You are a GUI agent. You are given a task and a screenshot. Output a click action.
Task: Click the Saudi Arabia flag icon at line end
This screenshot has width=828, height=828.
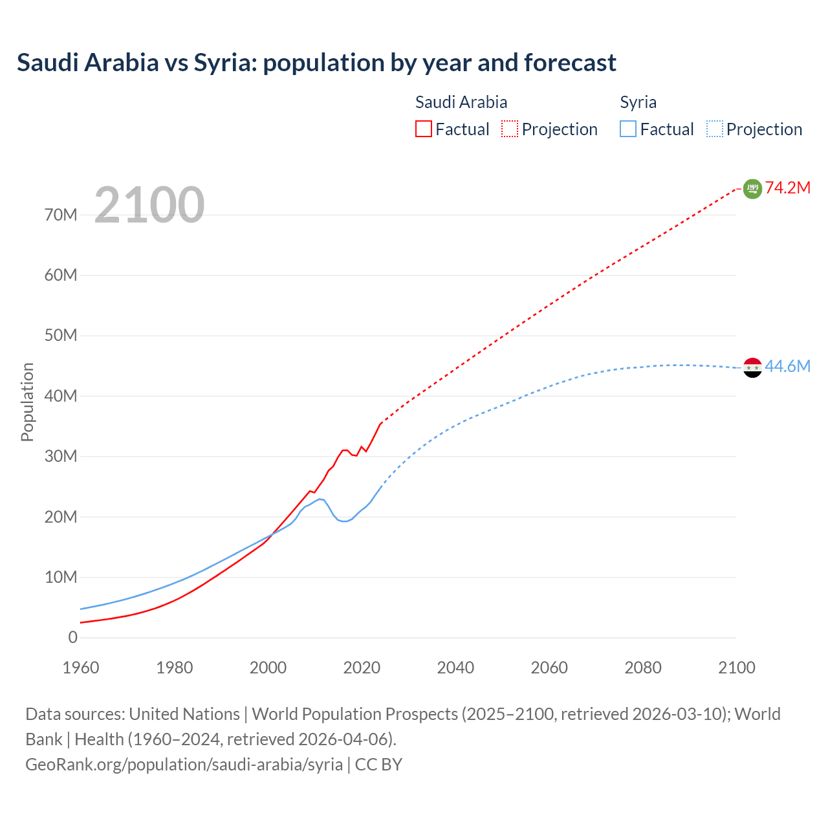click(x=752, y=188)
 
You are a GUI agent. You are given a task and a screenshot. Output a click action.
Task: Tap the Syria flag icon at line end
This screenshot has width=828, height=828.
click(x=752, y=367)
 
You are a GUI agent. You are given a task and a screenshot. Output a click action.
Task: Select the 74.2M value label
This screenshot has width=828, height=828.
click(x=788, y=188)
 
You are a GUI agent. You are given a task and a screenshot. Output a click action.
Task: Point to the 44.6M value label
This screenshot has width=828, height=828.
click(x=788, y=366)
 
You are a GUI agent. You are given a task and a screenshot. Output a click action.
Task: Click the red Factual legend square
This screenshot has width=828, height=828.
click(x=424, y=129)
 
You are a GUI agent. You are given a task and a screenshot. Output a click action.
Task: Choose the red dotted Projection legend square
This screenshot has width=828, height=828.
click(x=510, y=129)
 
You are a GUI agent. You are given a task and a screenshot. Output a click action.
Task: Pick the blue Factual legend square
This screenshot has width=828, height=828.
click(x=628, y=129)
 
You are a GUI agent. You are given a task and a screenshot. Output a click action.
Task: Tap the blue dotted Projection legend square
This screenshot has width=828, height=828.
click(x=715, y=129)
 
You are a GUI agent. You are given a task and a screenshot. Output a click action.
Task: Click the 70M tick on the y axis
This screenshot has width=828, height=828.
click(x=61, y=215)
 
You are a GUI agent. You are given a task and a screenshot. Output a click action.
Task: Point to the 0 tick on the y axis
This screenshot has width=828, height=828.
click(x=72, y=637)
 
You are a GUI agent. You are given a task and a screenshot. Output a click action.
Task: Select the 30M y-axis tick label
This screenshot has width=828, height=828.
click(x=61, y=456)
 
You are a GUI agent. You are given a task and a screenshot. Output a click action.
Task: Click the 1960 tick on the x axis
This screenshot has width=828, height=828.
click(x=81, y=668)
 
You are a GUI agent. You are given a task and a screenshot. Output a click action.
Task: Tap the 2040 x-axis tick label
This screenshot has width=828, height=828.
click(x=455, y=668)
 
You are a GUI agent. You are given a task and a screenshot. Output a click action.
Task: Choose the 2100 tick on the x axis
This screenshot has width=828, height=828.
click(x=736, y=668)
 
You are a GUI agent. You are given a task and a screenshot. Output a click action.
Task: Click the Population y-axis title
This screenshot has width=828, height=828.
click(x=27, y=402)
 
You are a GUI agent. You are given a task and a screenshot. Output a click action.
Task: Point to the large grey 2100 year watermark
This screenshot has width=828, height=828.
click(x=149, y=205)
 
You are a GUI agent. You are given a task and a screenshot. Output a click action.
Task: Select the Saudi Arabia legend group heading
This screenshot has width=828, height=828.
click(x=461, y=102)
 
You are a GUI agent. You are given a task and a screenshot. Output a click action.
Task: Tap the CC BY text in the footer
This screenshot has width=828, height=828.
click(x=378, y=764)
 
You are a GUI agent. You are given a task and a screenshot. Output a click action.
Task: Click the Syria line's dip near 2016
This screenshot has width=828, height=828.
click(x=343, y=521)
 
